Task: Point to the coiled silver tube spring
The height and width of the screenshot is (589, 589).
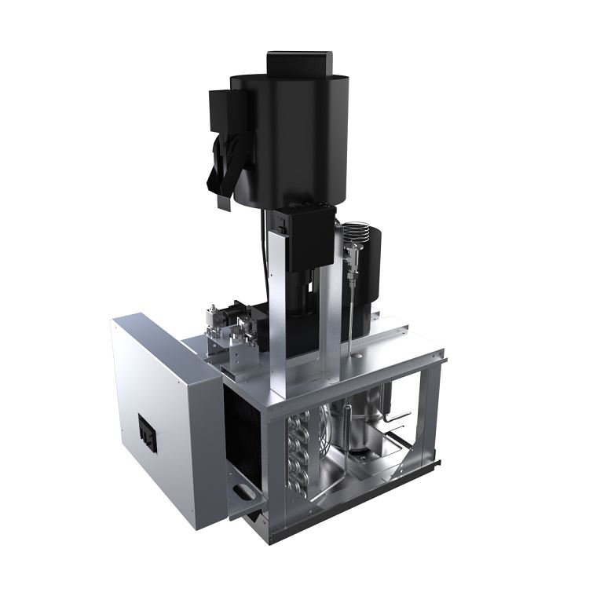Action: (357, 232)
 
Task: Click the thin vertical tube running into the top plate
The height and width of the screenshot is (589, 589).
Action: (346, 314)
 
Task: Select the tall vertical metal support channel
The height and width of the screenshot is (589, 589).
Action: (276, 314)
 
